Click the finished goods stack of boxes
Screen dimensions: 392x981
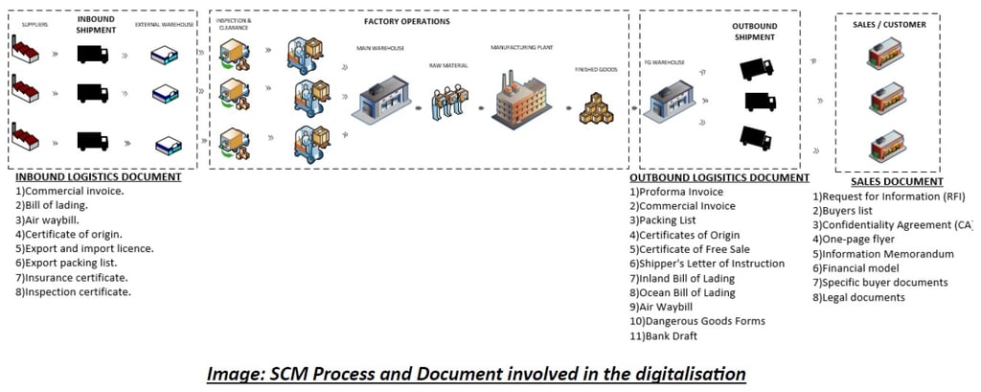point(599,107)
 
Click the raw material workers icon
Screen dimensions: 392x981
point(448,103)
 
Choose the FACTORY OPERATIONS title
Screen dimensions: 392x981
point(406,21)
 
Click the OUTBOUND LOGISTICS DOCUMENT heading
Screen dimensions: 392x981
point(719,177)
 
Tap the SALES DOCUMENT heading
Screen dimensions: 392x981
point(897,181)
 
